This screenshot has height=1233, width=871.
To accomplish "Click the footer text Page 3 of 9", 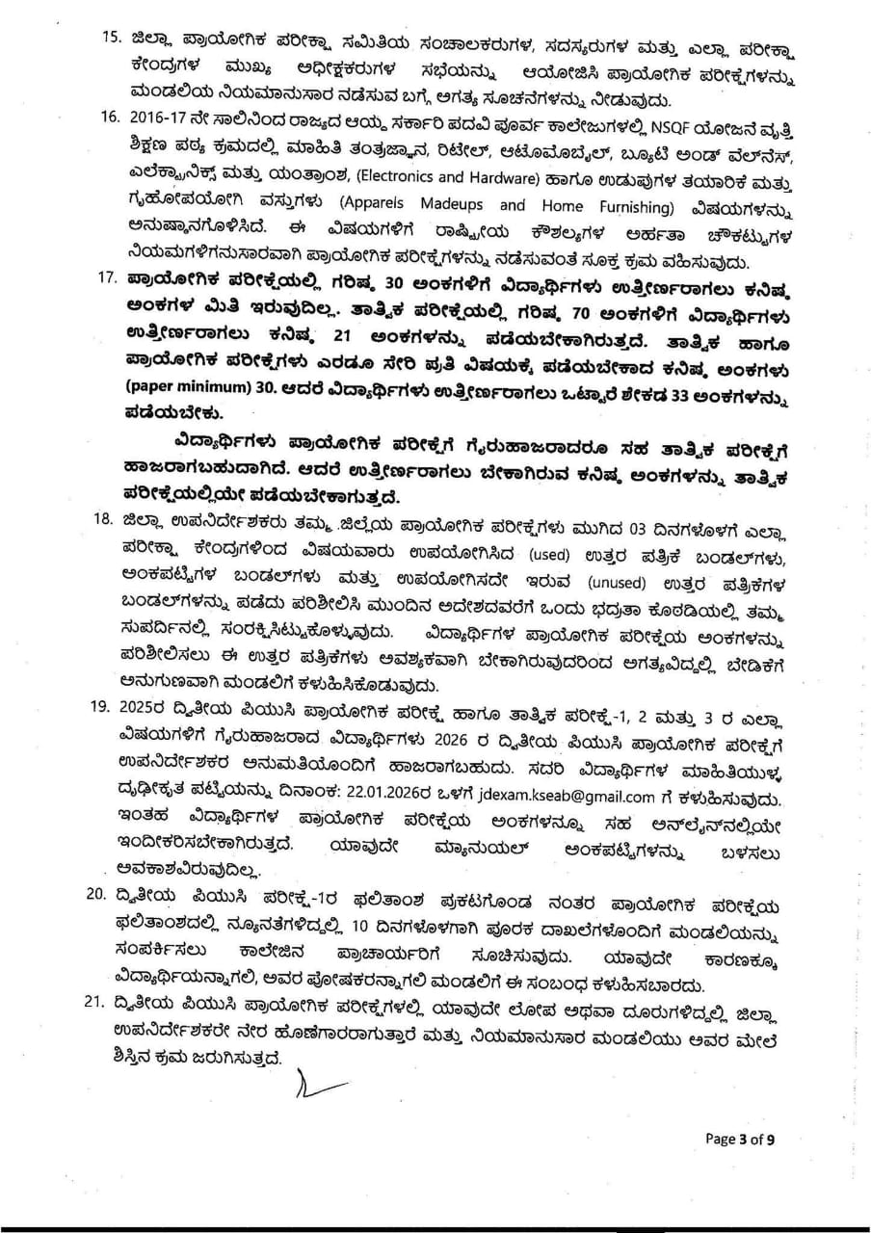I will [740, 1139].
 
